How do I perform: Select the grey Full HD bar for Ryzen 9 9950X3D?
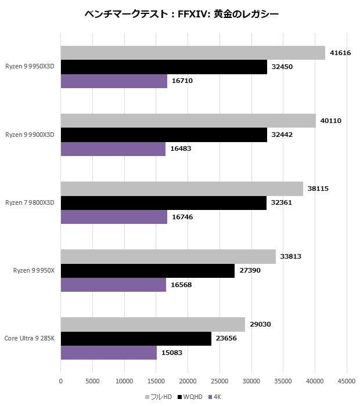[193, 53]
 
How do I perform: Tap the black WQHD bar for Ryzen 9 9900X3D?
[164, 135]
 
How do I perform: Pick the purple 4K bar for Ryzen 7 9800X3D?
[114, 217]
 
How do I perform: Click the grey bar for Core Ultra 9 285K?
[153, 324]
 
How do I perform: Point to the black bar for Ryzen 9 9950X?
[147, 271]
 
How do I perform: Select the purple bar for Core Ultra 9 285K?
[109, 353]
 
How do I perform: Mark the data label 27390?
[251, 271]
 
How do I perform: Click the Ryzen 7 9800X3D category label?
[30, 202]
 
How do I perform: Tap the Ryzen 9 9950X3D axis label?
[30, 67]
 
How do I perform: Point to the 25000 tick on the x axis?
[219, 382]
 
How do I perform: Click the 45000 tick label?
[347, 382]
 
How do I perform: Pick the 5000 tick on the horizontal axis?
[93, 382]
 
